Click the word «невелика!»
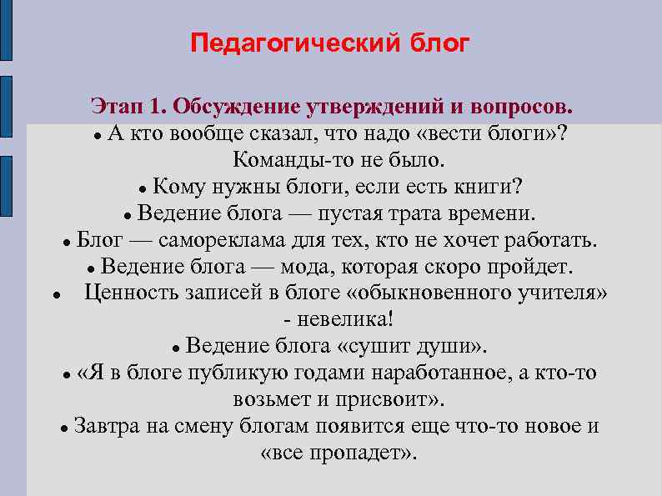click(x=342, y=319)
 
